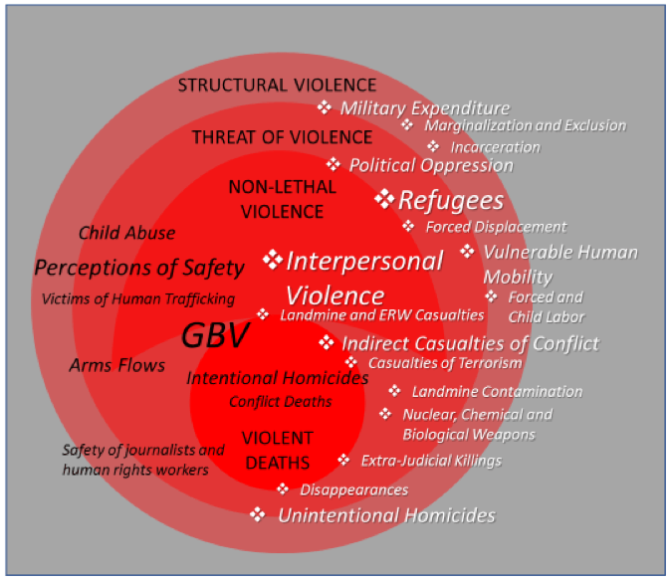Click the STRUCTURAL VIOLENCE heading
(278, 86)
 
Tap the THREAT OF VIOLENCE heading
(282, 137)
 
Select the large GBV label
(215, 335)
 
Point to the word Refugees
(451, 200)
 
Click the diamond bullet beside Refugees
(384, 199)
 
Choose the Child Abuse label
(126, 233)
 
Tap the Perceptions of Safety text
(139, 268)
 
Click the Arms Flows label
(117, 365)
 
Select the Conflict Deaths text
(281, 402)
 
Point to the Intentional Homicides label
(278, 378)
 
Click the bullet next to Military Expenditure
(325, 107)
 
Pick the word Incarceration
(495, 147)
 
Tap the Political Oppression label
(431, 166)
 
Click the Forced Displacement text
(496, 227)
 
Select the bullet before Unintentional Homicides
(258, 514)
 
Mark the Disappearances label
(354, 489)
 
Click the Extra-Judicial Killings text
(431, 461)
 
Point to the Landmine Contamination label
(497, 391)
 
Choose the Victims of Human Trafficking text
(138, 298)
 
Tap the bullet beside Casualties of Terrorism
(351, 362)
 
